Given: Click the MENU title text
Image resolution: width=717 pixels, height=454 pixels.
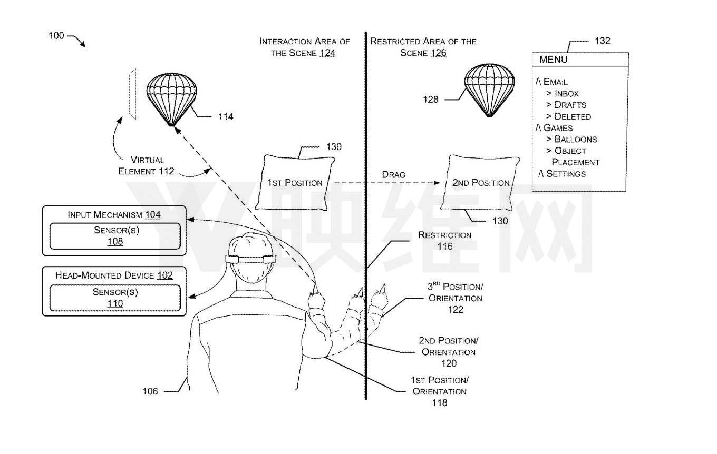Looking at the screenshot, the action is [553, 60].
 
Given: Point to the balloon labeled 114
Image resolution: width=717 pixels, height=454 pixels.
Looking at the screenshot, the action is [171, 99].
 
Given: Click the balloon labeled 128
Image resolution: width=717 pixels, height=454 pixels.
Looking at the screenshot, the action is [489, 90].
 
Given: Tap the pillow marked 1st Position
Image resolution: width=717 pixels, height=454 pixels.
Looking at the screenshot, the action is [295, 183].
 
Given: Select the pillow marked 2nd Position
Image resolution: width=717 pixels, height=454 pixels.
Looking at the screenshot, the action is [480, 183].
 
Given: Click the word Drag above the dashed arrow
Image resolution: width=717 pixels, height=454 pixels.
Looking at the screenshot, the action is [393, 174].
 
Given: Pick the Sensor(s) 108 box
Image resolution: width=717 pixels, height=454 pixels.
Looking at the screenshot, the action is [115, 236].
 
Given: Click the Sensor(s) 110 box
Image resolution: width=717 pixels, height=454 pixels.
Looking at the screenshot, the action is [115, 298].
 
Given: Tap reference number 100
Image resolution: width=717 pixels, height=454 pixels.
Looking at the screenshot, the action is [56, 35].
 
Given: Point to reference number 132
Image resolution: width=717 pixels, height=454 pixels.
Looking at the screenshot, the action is [603, 41].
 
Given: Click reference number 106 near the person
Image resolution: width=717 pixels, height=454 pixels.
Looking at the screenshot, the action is [150, 391].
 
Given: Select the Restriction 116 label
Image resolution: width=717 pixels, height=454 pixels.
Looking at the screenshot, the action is [444, 241].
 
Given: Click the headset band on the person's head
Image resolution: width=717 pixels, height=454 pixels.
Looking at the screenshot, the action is [250, 259].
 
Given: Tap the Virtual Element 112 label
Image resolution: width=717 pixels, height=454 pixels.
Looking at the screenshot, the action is [146, 165].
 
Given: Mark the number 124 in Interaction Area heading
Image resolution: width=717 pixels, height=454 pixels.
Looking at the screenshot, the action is [327, 53].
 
